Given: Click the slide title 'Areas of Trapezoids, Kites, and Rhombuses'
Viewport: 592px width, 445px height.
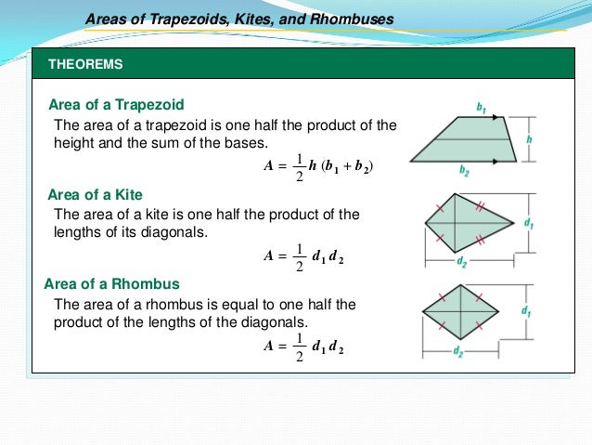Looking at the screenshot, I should (239, 19).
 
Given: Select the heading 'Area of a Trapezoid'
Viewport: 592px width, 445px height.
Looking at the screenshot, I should (116, 104).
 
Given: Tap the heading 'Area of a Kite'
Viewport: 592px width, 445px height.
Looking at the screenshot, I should (95, 194).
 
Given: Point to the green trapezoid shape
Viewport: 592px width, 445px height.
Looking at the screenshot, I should (463, 140).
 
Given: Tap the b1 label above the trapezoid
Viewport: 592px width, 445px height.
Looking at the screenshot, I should (481, 109).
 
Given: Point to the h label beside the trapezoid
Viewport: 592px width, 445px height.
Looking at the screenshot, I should (528, 139).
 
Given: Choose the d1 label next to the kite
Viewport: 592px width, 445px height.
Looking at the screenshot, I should (528, 224).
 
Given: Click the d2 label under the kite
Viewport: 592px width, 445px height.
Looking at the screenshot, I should (461, 262).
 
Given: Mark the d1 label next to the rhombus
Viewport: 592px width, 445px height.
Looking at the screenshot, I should (526, 310).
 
